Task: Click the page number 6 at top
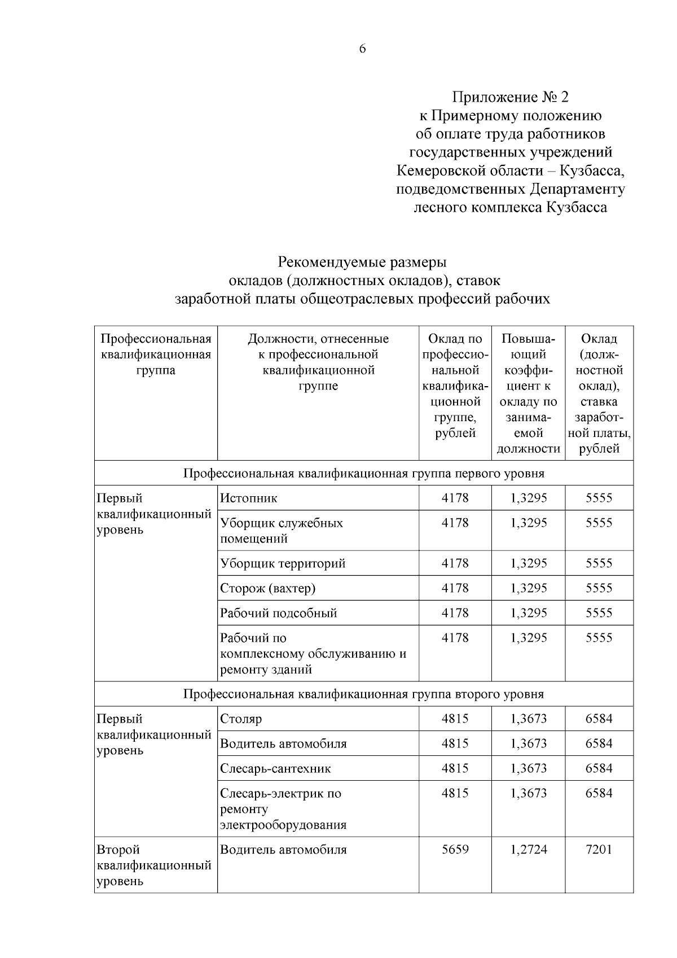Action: click(x=362, y=49)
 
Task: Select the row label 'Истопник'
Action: click(x=249, y=498)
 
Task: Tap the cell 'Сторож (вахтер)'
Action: click(x=267, y=588)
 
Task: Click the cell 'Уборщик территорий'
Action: click(x=283, y=563)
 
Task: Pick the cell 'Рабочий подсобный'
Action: click(x=278, y=613)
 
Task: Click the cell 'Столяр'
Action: click(x=241, y=719)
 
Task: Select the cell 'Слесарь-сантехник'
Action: click(x=275, y=768)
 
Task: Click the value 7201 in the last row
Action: click(x=599, y=850)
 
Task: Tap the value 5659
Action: click(x=455, y=850)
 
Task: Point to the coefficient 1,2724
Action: click(x=528, y=850)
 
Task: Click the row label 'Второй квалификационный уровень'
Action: click(x=153, y=865)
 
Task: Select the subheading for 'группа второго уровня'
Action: click(x=363, y=694)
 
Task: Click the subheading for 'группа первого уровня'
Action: click(x=363, y=473)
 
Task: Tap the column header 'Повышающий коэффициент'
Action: click(x=528, y=393)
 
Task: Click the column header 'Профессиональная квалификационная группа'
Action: click(x=156, y=355)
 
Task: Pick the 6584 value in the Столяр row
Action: click(x=599, y=719)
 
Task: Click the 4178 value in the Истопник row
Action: click(x=455, y=498)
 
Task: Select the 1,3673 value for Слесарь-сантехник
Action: click(x=528, y=768)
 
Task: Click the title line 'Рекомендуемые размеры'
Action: click(x=362, y=263)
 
